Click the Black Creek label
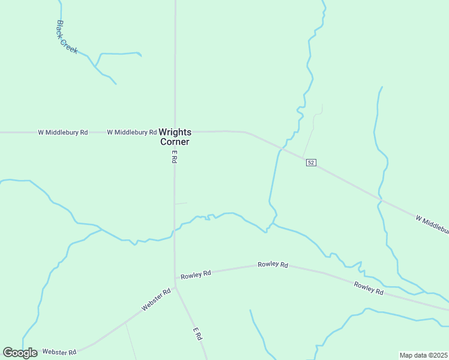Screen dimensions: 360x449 (x=67, y=37)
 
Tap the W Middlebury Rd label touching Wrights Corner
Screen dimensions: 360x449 (x=131, y=132)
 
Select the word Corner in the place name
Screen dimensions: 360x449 (x=175, y=142)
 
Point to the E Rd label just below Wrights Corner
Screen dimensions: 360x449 (x=174, y=157)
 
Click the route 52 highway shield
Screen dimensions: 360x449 (x=310, y=163)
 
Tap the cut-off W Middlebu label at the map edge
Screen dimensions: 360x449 (x=432, y=224)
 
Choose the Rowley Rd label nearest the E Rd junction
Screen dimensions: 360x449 (x=196, y=274)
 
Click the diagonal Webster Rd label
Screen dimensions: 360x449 (x=156, y=299)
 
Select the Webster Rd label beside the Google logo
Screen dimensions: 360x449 (x=59, y=352)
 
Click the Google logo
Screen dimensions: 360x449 (x=20, y=353)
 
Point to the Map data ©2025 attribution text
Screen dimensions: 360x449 (x=423, y=355)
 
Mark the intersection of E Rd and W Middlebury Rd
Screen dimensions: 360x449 (x=175, y=131)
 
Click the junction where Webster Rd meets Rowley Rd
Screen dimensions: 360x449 (x=175, y=280)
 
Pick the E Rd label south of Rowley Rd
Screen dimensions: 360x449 (x=196, y=334)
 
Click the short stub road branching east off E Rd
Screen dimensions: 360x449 (x=181, y=203)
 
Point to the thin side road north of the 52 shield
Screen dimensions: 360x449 (x=312, y=128)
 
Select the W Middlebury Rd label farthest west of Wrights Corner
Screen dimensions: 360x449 (x=62, y=132)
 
